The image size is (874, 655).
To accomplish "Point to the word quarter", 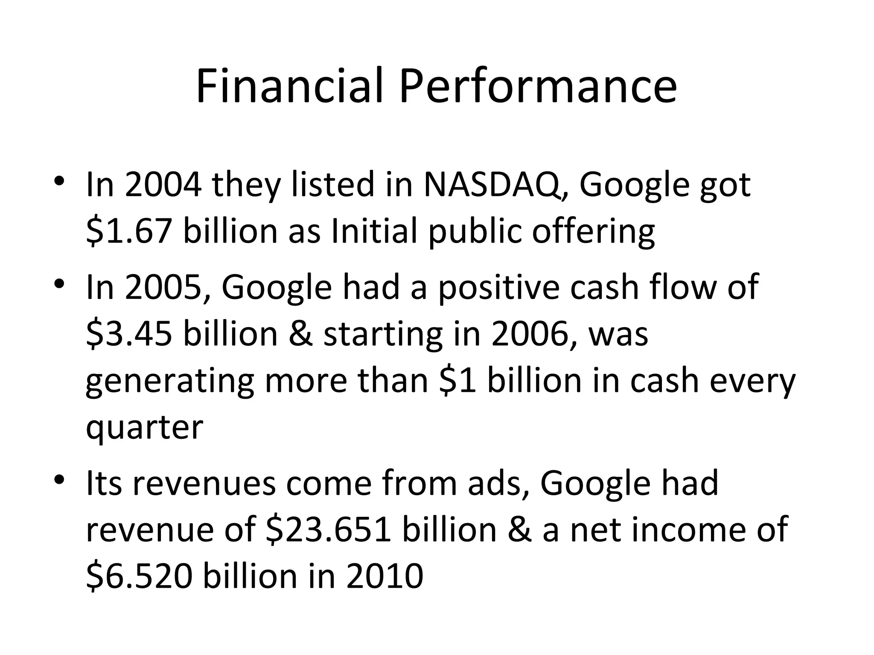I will coord(144,427).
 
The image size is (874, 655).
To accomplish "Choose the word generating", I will coord(170,380).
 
